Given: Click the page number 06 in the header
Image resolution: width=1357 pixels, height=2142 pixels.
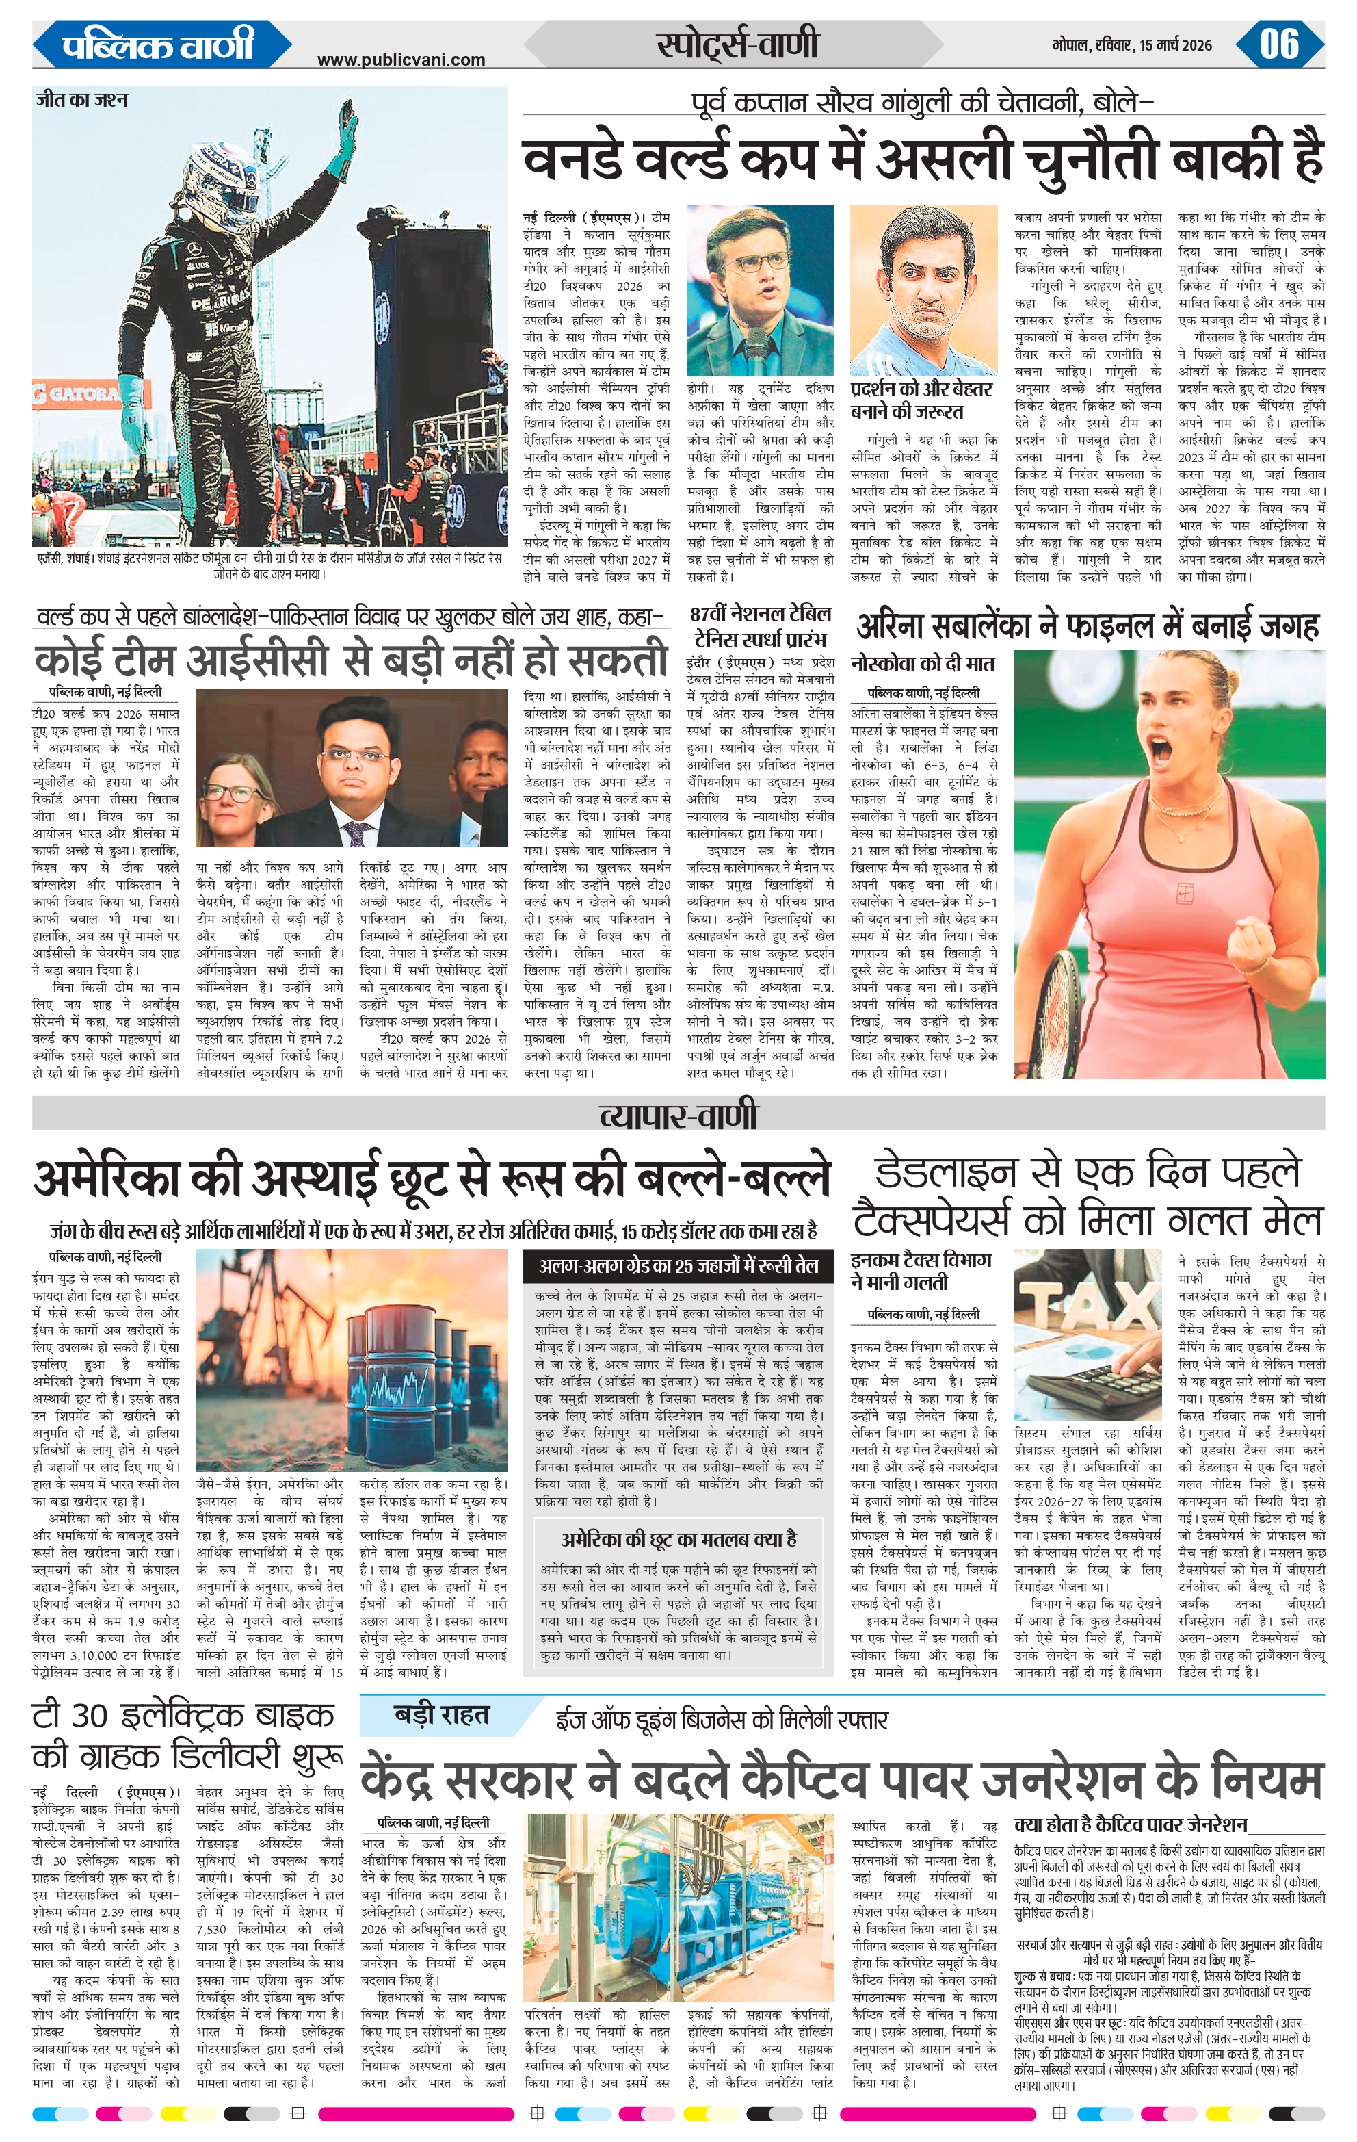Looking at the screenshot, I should tap(1279, 44).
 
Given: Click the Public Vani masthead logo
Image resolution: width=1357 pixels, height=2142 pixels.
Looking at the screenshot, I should tap(158, 44).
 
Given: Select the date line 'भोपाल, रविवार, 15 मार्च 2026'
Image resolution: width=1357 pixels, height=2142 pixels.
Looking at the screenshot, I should tap(1131, 45).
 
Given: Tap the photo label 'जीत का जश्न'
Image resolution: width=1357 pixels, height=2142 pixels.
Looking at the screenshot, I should tap(82, 100).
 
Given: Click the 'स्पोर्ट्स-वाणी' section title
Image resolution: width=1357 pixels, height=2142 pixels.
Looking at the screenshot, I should tap(737, 44).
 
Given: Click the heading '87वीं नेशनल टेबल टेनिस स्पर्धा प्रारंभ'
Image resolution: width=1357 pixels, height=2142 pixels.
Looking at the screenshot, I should tap(761, 626).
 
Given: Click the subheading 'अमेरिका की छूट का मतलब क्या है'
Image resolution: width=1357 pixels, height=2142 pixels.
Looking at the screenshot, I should tap(678, 1539).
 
